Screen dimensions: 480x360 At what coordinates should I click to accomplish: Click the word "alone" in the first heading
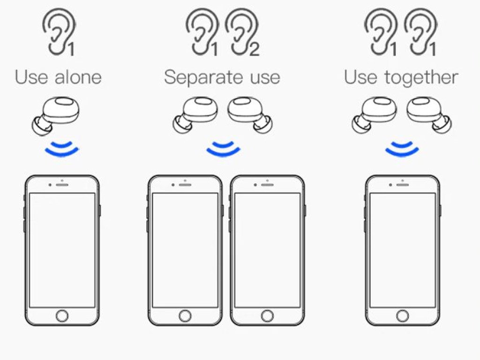click(78, 77)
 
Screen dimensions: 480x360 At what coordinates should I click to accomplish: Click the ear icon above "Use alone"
click(59, 32)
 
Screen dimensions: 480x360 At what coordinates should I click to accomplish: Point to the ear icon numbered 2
click(242, 32)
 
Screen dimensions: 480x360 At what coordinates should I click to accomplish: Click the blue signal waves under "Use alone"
click(62, 148)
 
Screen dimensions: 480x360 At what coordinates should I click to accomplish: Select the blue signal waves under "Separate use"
click(224, 148)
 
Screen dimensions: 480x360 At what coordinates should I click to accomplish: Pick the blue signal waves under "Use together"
click(402, 148)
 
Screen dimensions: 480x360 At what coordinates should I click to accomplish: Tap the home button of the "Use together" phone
click(403, 316)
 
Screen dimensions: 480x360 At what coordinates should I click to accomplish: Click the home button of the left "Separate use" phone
click(185, 316)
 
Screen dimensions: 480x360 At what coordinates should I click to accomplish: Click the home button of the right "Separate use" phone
click(267, 316)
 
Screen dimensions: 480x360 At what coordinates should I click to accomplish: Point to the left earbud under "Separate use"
click(195, 115)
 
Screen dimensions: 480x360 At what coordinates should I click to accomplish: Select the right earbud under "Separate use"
click(250, 115)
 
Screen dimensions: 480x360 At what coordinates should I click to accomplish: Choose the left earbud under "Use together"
click(375, 115)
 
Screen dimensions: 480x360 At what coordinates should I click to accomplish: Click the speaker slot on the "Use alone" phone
click(62, 185)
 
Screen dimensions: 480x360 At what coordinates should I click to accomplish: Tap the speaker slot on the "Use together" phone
click(403, 185)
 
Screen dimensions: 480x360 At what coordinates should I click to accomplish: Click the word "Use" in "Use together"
click(360, 77)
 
